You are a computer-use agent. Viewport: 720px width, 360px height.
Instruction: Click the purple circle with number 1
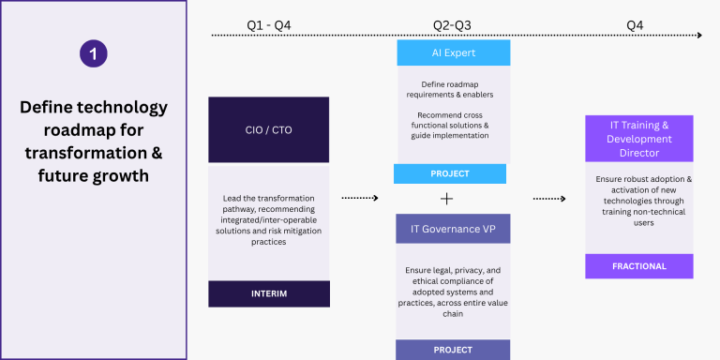93,53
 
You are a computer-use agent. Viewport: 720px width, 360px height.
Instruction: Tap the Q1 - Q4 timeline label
269,25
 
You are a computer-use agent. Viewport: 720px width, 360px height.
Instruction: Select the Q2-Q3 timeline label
452,25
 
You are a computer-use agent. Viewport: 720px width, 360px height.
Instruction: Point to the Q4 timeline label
635,25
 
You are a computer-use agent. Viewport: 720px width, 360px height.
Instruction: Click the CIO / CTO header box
269,129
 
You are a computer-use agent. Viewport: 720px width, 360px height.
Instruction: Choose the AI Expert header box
454,52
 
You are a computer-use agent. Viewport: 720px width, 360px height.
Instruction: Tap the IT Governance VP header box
453,228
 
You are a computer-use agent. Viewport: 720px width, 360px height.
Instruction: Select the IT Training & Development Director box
639,138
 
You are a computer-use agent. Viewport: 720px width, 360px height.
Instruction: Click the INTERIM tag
269,293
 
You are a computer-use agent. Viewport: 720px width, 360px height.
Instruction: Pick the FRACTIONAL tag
639,266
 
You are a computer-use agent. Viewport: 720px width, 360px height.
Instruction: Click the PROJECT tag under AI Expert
450,173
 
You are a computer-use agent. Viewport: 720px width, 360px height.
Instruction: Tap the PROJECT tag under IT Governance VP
453,350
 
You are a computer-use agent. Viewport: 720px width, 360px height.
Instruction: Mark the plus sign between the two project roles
446,199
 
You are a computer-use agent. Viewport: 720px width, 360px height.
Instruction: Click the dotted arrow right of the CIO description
360,198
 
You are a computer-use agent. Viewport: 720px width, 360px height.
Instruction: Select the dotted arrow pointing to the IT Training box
549,199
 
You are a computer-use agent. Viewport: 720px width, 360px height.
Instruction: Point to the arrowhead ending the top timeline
699,35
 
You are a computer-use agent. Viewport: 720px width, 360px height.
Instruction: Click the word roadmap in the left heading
77,131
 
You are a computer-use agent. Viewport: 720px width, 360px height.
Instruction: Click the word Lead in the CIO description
232,199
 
